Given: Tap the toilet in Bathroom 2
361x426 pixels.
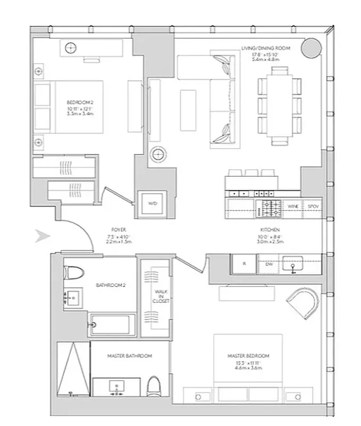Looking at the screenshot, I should pyautogui.click(x=73, y=273).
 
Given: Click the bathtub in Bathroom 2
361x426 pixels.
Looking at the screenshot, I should pyautogui.click(x=112, y=324).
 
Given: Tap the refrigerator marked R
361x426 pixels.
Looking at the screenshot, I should pyautogui.click(x=244, y=264).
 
